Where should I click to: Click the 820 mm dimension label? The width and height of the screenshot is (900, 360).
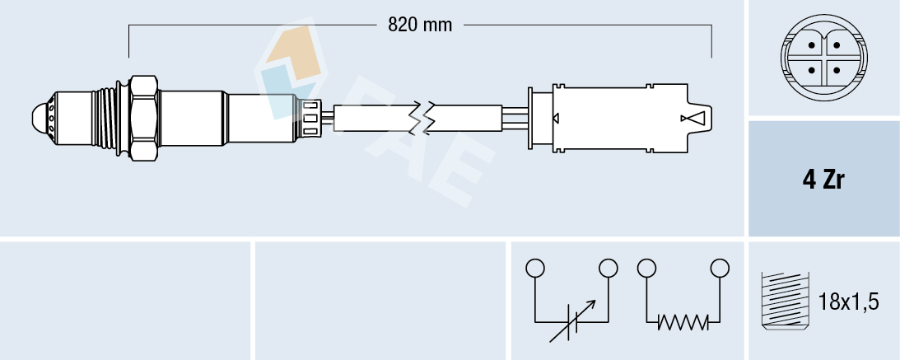(x=420, y=25)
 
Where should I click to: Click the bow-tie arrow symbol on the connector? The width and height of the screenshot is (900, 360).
(x=694, y=118)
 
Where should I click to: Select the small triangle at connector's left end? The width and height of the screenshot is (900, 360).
(x=557, y=118)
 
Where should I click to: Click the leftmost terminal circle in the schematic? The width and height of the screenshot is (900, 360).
(x=535, y=268)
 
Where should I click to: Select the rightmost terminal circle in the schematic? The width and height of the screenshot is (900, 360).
(x=720, y=268)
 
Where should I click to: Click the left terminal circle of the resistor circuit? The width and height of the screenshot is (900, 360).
(x=646, y=268)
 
